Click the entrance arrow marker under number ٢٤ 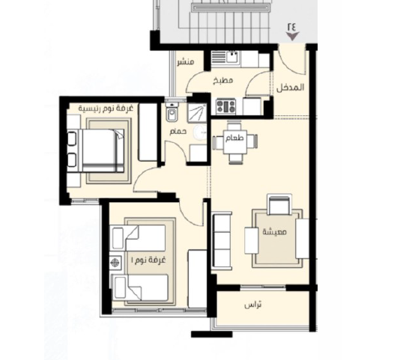(x=292, y=36)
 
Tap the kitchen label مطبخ (x=222, y=80)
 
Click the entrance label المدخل (x=290, y=87)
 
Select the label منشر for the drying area (x=186, y=62)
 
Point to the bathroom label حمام (x=178, y=131)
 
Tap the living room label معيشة (x=275, y=231)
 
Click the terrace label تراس (x=252, y=305)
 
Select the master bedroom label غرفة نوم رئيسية (x=106, y=109)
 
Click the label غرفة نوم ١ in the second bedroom (x=148, y=260)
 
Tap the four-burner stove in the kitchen (x=225, y=106)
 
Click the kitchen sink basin (x=233, y=57)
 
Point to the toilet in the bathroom (x=172, y=112)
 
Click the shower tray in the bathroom (x=197, y=113)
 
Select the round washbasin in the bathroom (x=200, y=132)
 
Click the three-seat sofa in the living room (x=222, y=240)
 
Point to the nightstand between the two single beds (x=115, y=263)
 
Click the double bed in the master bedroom (x=96, y=150)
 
